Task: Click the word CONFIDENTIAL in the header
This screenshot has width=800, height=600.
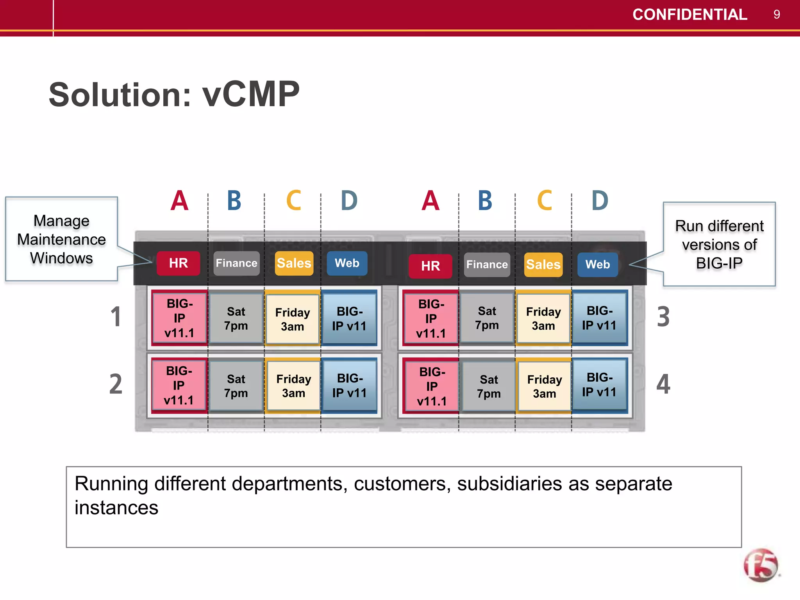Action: pyautogui.click(x=689, y=15)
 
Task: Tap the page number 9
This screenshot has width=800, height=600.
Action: pyautogui.click(x=777, y=15)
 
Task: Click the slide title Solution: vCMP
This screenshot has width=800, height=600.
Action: pyautogui.click(x=174, y=95)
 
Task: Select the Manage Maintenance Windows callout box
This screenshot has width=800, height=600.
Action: pyautogui.click(x=61, y=239)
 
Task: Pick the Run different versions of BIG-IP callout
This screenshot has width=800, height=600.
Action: pyautogui.click(x=719, y=245)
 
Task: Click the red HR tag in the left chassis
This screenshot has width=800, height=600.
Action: pyautogui.click(x=178, y=263)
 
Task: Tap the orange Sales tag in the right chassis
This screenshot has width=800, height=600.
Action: pyautogui.click(x=543, y=265)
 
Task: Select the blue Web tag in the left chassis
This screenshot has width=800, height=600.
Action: pyautogui.click(x=347, y=263)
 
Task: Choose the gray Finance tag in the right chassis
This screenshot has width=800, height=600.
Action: pyautogui.click(x=487, y=265)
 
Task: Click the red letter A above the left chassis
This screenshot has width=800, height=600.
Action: pyautogui.click(x=179, y=201)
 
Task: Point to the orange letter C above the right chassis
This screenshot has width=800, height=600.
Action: pyautogui.click(x=545, y=201)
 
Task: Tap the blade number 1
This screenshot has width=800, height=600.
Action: pyautogui.click(x=116, y=316)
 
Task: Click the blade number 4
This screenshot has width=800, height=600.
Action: pyautogui.click(x=663, y=384)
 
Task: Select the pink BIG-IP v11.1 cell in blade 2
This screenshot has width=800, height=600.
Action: pyautogui.click(x=179, y=386)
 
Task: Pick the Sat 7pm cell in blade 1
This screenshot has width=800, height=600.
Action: pyautogui.click(x=236, y=318)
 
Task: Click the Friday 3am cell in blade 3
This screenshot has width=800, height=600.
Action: pyautogui.click(x=543, y=318)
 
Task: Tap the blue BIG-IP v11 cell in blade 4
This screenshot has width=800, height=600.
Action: pyautogui.click(x=599, y=385)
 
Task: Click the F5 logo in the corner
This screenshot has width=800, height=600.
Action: pyautogui.click(x=761, y=565)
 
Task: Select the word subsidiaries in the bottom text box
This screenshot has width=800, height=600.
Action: pyautogui.click(x=510, y=484)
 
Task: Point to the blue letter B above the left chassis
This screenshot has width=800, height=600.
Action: pyautogui.click(x=234, y=201)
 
